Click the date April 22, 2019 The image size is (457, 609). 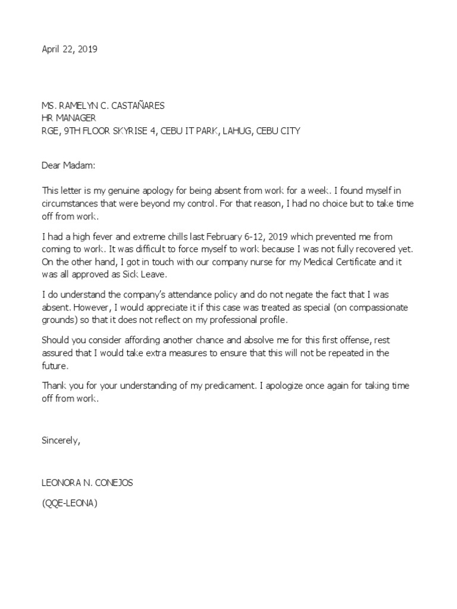pos(69,49)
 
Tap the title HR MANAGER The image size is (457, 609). pos(68,118)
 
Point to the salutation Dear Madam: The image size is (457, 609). pos(68,164)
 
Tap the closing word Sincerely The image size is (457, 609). pos(60,441)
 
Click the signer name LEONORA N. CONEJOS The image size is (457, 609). pos(87,483)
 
